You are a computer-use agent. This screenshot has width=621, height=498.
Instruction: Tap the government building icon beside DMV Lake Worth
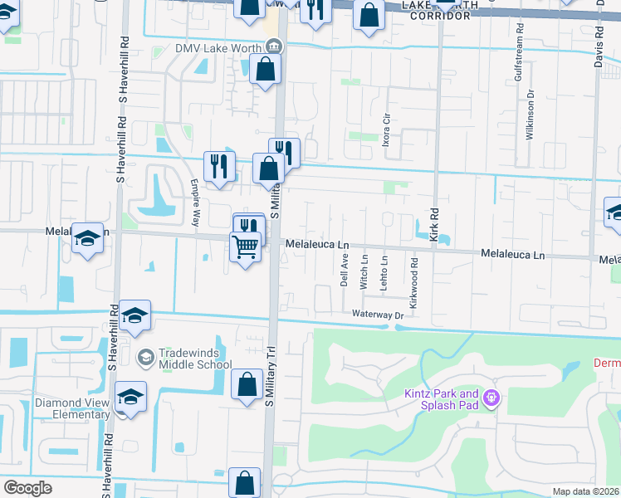click(x=280, y=47)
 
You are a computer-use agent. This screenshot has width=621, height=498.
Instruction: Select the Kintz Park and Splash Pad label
click(x=443, y=399)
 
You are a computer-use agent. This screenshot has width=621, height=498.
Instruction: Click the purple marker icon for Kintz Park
click(x=491, y=399)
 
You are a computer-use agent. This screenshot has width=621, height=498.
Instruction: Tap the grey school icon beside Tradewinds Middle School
click(x=146, y=357)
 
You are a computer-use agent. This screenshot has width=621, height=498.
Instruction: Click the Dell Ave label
click(x=345, y=270)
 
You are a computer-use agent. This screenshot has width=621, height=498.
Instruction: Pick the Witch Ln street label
click(x=364, y=271)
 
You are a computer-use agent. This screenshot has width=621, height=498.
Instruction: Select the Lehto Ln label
click(x=384, y=271)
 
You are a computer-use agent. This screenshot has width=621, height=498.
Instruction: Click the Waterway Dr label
click(x=377, y=315)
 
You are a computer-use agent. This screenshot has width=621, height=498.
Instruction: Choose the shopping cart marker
click(x=247, y=247)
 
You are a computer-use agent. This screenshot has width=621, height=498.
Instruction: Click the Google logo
click(x=27, y=488)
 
